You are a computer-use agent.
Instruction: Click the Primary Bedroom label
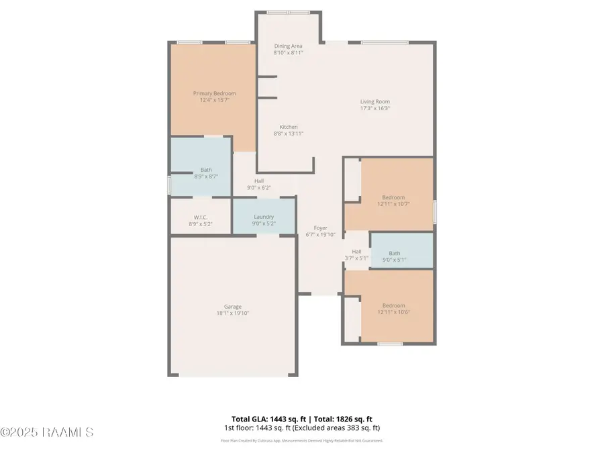pos(214,93)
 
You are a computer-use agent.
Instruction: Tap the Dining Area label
pos(288,46)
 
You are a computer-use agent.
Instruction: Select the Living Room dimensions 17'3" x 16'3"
pos(374,108)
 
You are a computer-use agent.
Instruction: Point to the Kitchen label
pos(289,127)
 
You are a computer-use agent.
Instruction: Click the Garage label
pos(232,306)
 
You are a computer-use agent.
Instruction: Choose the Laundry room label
pos(263,217)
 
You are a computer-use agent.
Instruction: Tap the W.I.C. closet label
pos(200,217)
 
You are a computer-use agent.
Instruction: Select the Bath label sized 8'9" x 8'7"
pos(206,170)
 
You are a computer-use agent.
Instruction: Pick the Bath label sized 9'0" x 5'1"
pos(394,253)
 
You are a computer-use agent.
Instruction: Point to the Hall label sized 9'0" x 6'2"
pos(258,181)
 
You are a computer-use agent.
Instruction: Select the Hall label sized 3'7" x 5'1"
pos(356,252)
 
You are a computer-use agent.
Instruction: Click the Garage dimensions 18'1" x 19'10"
pos(232,313)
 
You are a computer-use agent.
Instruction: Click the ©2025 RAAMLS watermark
pos(47,432)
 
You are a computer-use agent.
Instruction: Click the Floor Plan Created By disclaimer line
pos(301,441)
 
